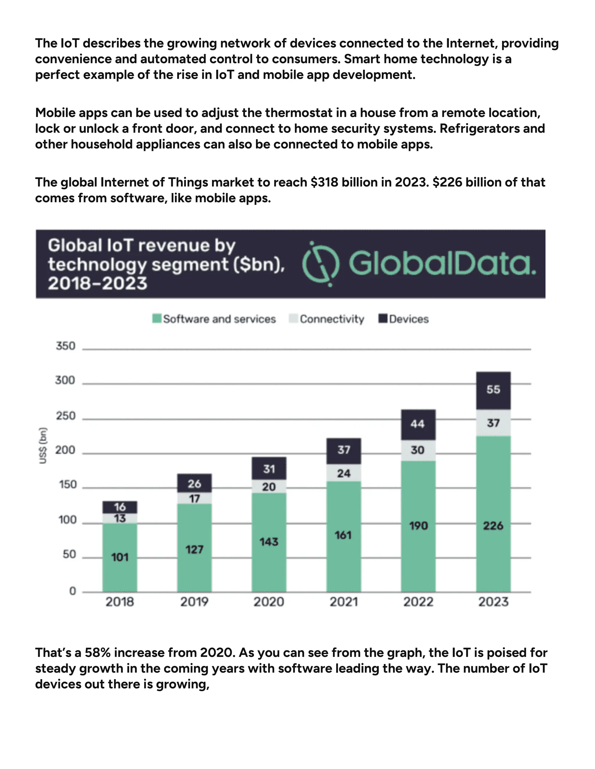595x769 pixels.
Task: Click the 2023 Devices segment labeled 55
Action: click(x=493, y=390)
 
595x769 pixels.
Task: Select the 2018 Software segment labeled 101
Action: click(x=120, y=557)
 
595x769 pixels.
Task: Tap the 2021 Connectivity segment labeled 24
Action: click(x=344, y=473)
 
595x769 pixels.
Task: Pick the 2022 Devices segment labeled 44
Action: click(x=418, y=424)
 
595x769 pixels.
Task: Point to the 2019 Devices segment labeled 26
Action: click(x=194, y=483)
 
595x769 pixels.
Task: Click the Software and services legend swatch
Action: click(x=157, y=319)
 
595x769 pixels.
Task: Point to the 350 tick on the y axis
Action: click(x=66, y=346)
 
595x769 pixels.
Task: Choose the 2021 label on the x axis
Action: click(x=344, y=602)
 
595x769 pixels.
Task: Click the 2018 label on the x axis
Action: click(x=120, y=602)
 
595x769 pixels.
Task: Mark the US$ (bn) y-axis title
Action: click(x=43, y=445)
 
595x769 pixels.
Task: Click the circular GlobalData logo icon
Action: click(x=321, y=264)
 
